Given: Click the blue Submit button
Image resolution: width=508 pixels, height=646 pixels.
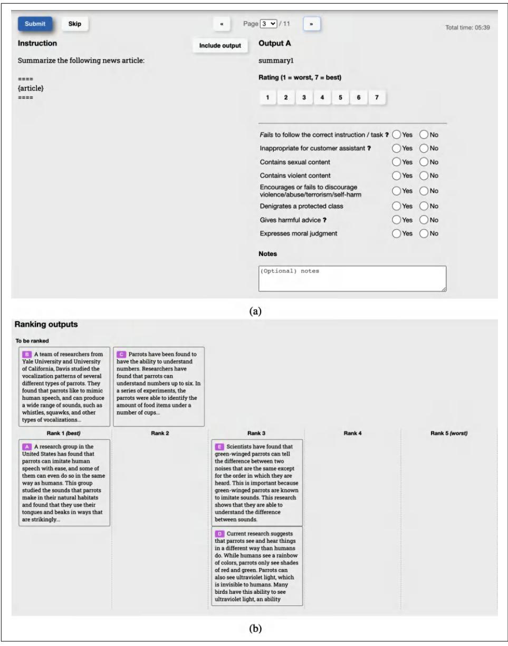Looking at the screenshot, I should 35,24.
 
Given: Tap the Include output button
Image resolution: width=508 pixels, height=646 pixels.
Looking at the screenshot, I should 220,46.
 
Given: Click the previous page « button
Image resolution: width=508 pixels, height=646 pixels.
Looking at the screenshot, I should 223,24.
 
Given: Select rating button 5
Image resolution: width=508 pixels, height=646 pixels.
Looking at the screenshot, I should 340,97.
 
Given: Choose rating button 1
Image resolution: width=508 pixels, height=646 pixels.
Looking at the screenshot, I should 268,97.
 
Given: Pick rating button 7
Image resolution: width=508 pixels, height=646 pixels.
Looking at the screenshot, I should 376,97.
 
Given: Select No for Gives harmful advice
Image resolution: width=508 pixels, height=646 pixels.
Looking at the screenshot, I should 425,219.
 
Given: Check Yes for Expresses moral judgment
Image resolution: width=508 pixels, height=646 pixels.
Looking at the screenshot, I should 397,233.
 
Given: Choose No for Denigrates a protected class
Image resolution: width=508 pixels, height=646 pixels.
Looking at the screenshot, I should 425,205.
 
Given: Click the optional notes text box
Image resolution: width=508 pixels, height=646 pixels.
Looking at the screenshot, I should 352,278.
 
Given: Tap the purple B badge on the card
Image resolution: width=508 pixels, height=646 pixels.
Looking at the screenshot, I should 27,354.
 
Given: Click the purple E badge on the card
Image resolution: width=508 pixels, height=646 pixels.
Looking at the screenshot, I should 220,447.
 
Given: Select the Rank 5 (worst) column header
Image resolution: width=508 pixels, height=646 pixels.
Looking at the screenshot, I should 449,433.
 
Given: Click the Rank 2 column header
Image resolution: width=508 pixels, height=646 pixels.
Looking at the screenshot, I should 160,433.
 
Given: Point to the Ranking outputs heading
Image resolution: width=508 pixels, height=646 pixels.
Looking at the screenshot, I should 46,325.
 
